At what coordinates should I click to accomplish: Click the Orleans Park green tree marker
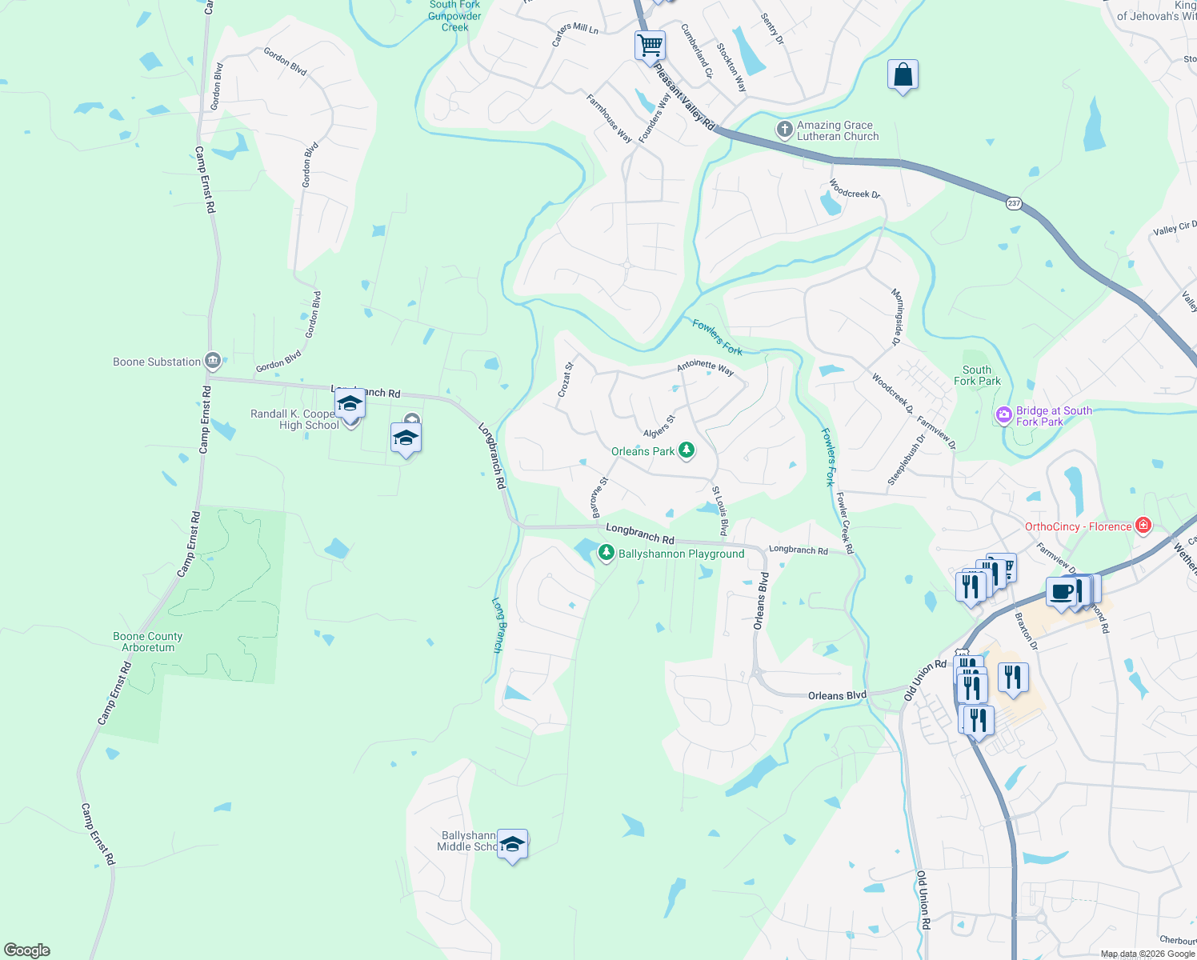coord(686,451)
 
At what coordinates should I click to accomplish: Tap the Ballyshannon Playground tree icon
coord(607,553)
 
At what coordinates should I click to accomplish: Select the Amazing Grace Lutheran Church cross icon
coord(785,130)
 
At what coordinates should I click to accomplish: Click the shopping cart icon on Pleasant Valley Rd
coord(651,45)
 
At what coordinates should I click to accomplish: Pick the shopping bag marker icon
coord(903,76)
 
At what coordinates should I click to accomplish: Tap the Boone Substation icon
coord(213,362)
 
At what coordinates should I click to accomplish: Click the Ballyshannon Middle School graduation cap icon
coord(512,845)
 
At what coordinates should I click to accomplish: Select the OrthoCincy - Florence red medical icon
coord(1143,526)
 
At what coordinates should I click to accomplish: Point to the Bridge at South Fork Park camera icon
coord(1003,415)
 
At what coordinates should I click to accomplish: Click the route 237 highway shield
coord(1014,203)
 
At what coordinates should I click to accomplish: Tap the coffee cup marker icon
coord(1061,593)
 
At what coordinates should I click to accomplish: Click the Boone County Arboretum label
coord(148,642)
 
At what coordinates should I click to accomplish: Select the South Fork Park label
coord(977,375)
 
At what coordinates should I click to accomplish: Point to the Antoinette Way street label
coord(705,367)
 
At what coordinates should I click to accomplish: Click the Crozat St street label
coord(566,379)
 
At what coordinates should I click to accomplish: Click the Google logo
coord(26,950)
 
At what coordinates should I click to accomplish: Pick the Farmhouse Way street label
coord(610,118)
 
